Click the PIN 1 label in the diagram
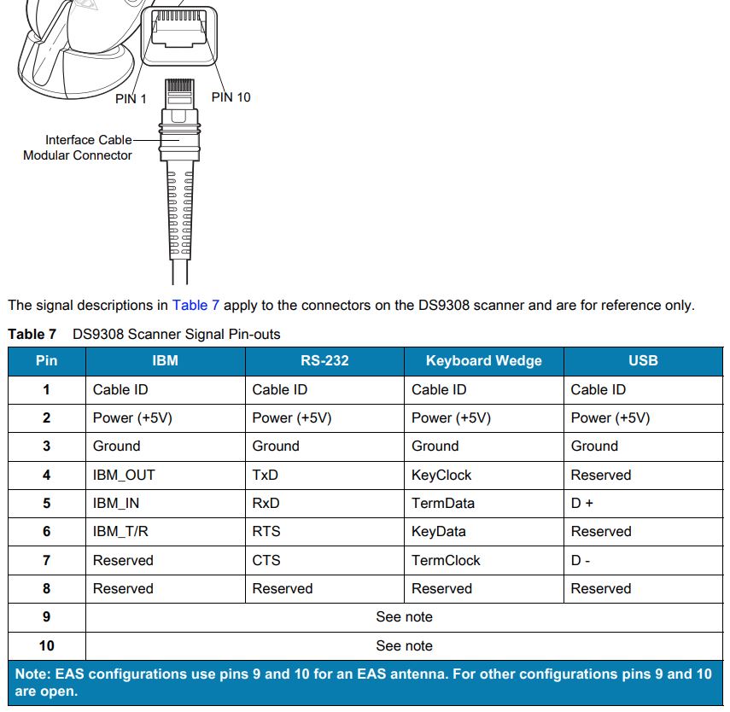coord(131,99)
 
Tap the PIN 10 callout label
coord(231,97)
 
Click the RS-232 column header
coord(324,361)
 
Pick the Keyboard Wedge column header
coord(483,361)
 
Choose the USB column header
coord(643,361)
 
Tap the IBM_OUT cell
coord(124,475)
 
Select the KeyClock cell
coord(441,475)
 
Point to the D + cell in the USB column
coord(582,503)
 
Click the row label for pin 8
coord(46,588)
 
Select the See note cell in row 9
coord(404,617)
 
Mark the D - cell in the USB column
coord(581,560)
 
